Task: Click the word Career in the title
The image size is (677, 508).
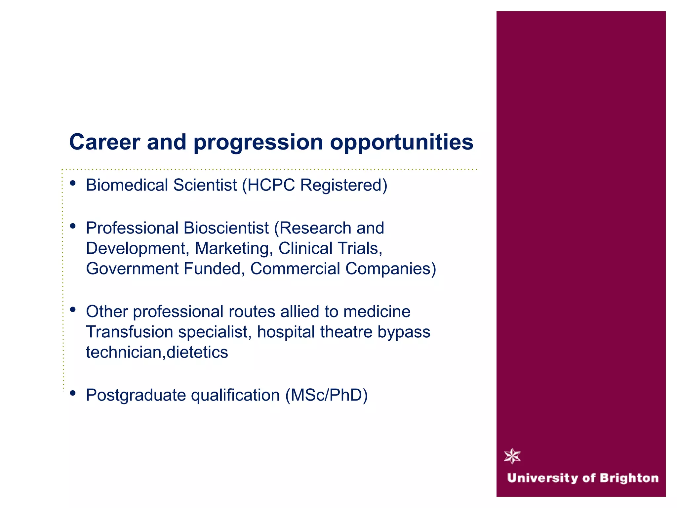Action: (104, 142)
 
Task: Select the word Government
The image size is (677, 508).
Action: (132, 269)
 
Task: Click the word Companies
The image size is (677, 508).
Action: (390, 269)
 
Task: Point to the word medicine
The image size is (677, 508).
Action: (377, 312)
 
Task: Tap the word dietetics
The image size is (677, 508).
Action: (197, 352)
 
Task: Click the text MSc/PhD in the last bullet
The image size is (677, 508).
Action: (327, 395)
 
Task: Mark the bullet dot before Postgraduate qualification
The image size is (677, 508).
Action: (73, 393)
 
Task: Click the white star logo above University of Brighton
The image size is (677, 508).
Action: (512, 456)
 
